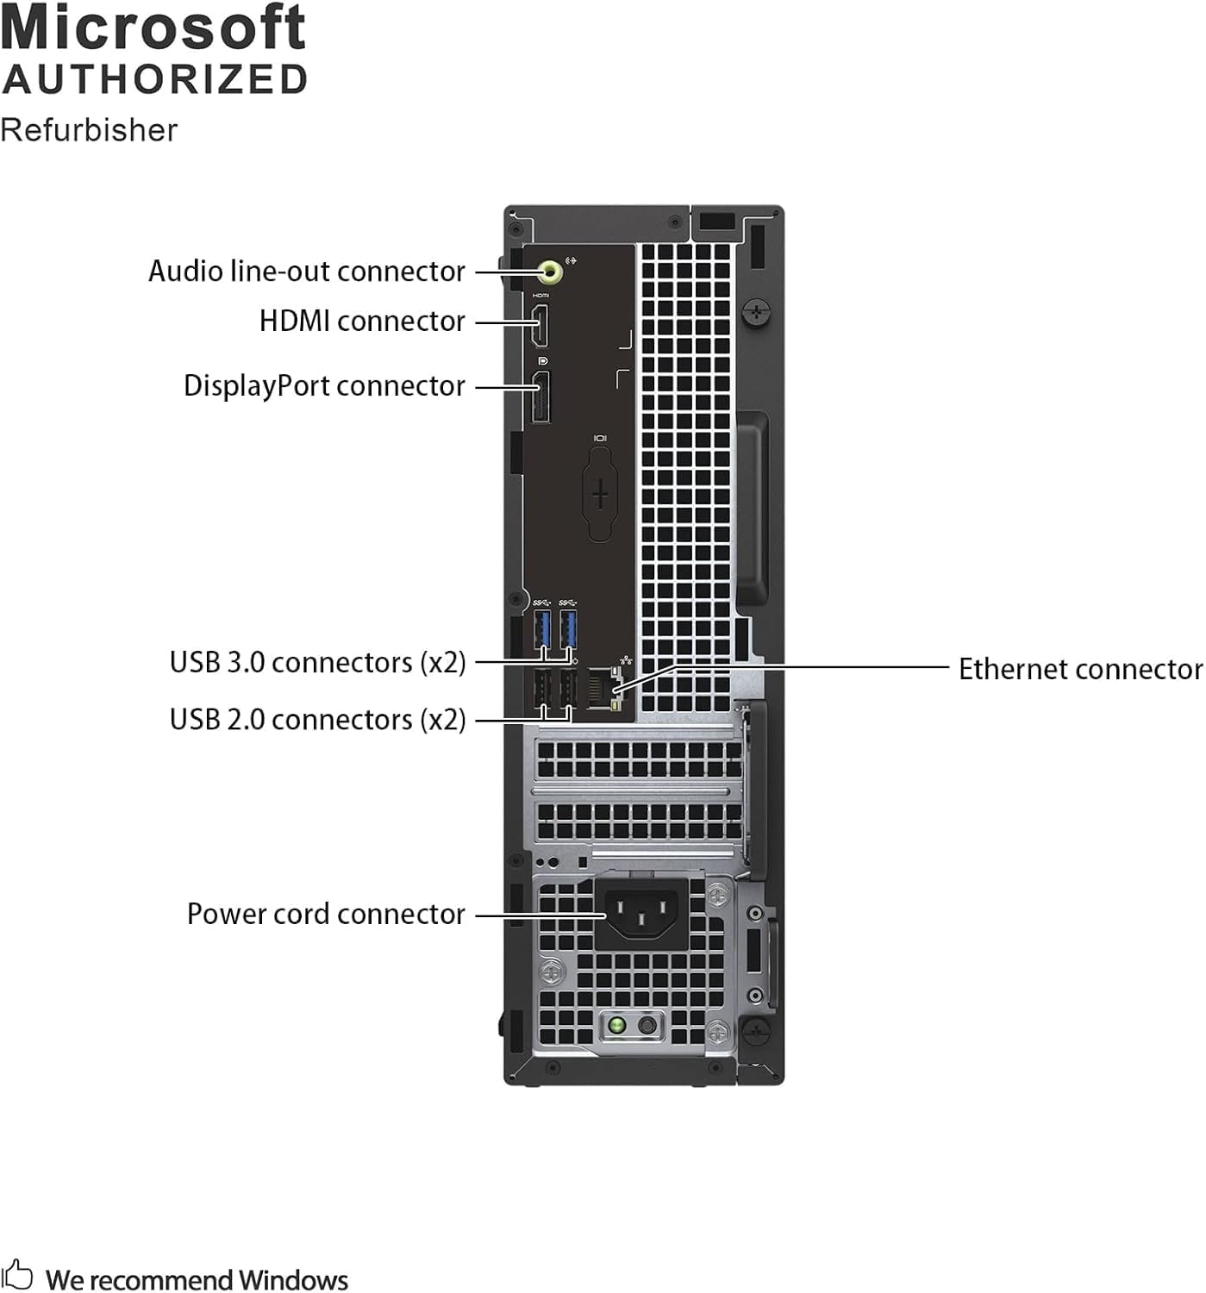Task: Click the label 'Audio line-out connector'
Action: pos(306,272)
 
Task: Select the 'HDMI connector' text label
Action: pos(362,322)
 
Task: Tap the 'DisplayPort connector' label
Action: pos(324,386)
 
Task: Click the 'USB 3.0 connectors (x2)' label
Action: pos(317,663)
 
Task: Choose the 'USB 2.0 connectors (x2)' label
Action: pos(317,720)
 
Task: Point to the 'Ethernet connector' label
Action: pos(1079,670)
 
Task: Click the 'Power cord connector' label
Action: pos(326,915)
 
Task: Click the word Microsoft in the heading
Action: pos(153,28)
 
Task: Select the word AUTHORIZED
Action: pos(155,80)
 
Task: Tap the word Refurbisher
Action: pos(89,130)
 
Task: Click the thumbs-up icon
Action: pos(17,1274)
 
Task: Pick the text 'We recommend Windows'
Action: pos(197,1280)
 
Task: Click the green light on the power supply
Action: pos(616,1026)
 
